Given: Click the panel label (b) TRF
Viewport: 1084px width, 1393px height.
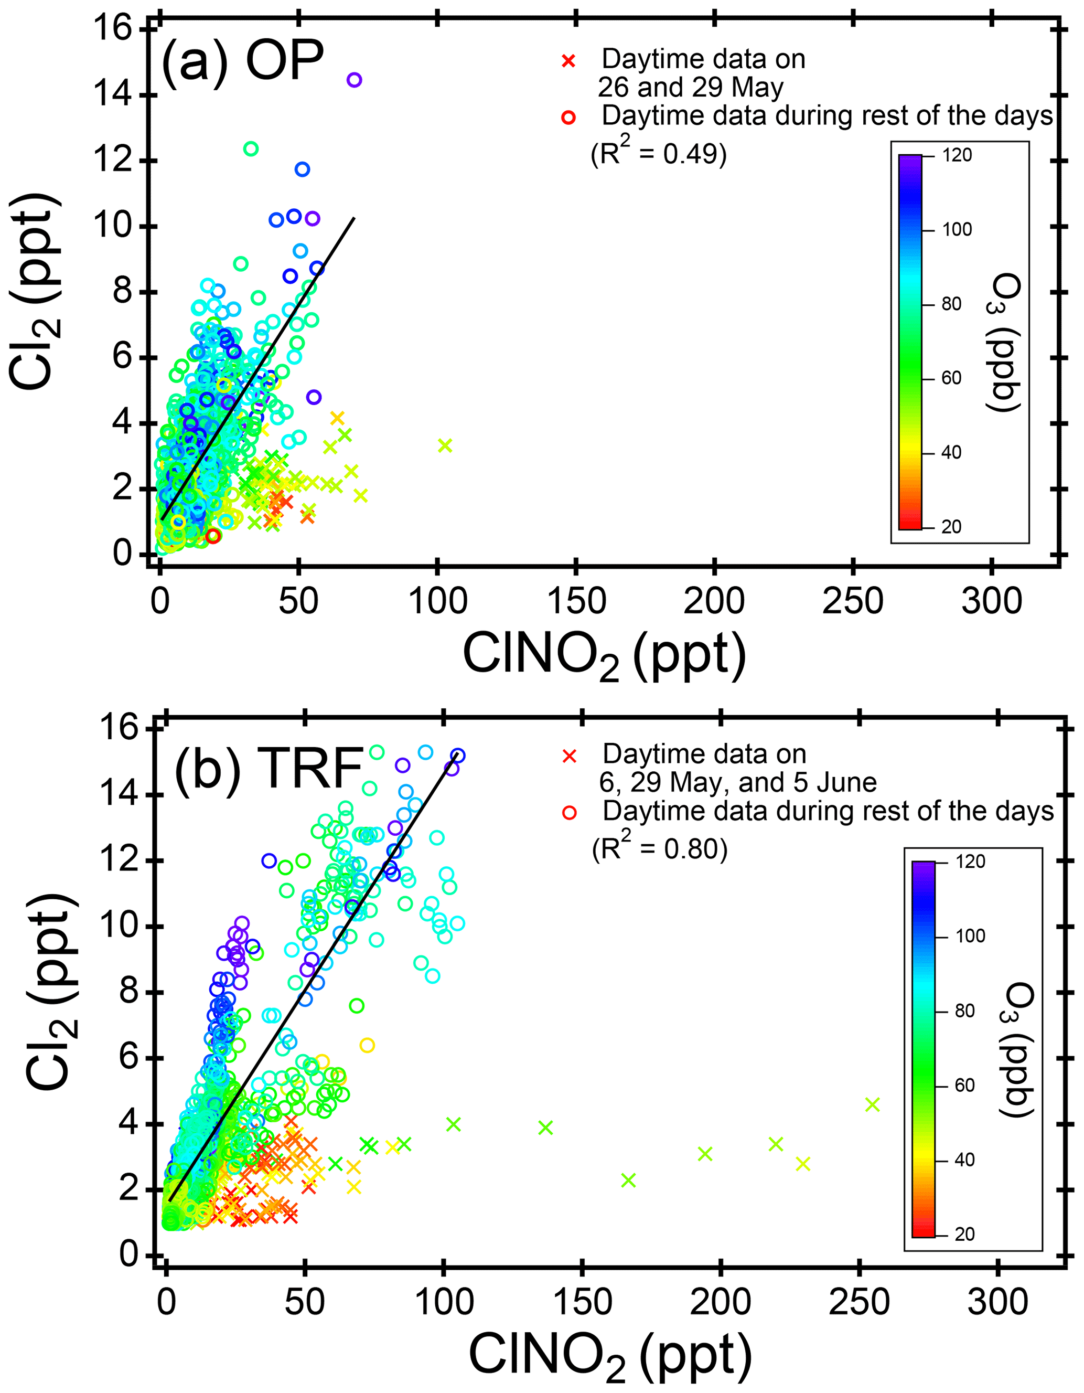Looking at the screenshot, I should tap(268, 769).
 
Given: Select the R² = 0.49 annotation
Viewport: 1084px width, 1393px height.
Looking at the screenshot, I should tap(659, 153).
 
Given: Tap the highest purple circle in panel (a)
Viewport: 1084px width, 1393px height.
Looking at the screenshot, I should tap(354, 80).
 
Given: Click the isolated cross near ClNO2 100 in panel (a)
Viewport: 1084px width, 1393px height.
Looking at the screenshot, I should tap(445, 445).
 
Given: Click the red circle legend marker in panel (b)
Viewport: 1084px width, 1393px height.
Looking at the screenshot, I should tap(570, 813).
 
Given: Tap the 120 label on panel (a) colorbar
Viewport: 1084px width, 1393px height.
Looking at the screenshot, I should tap(957, 155).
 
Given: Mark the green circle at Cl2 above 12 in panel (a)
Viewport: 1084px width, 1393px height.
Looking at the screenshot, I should tap(251, 148).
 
